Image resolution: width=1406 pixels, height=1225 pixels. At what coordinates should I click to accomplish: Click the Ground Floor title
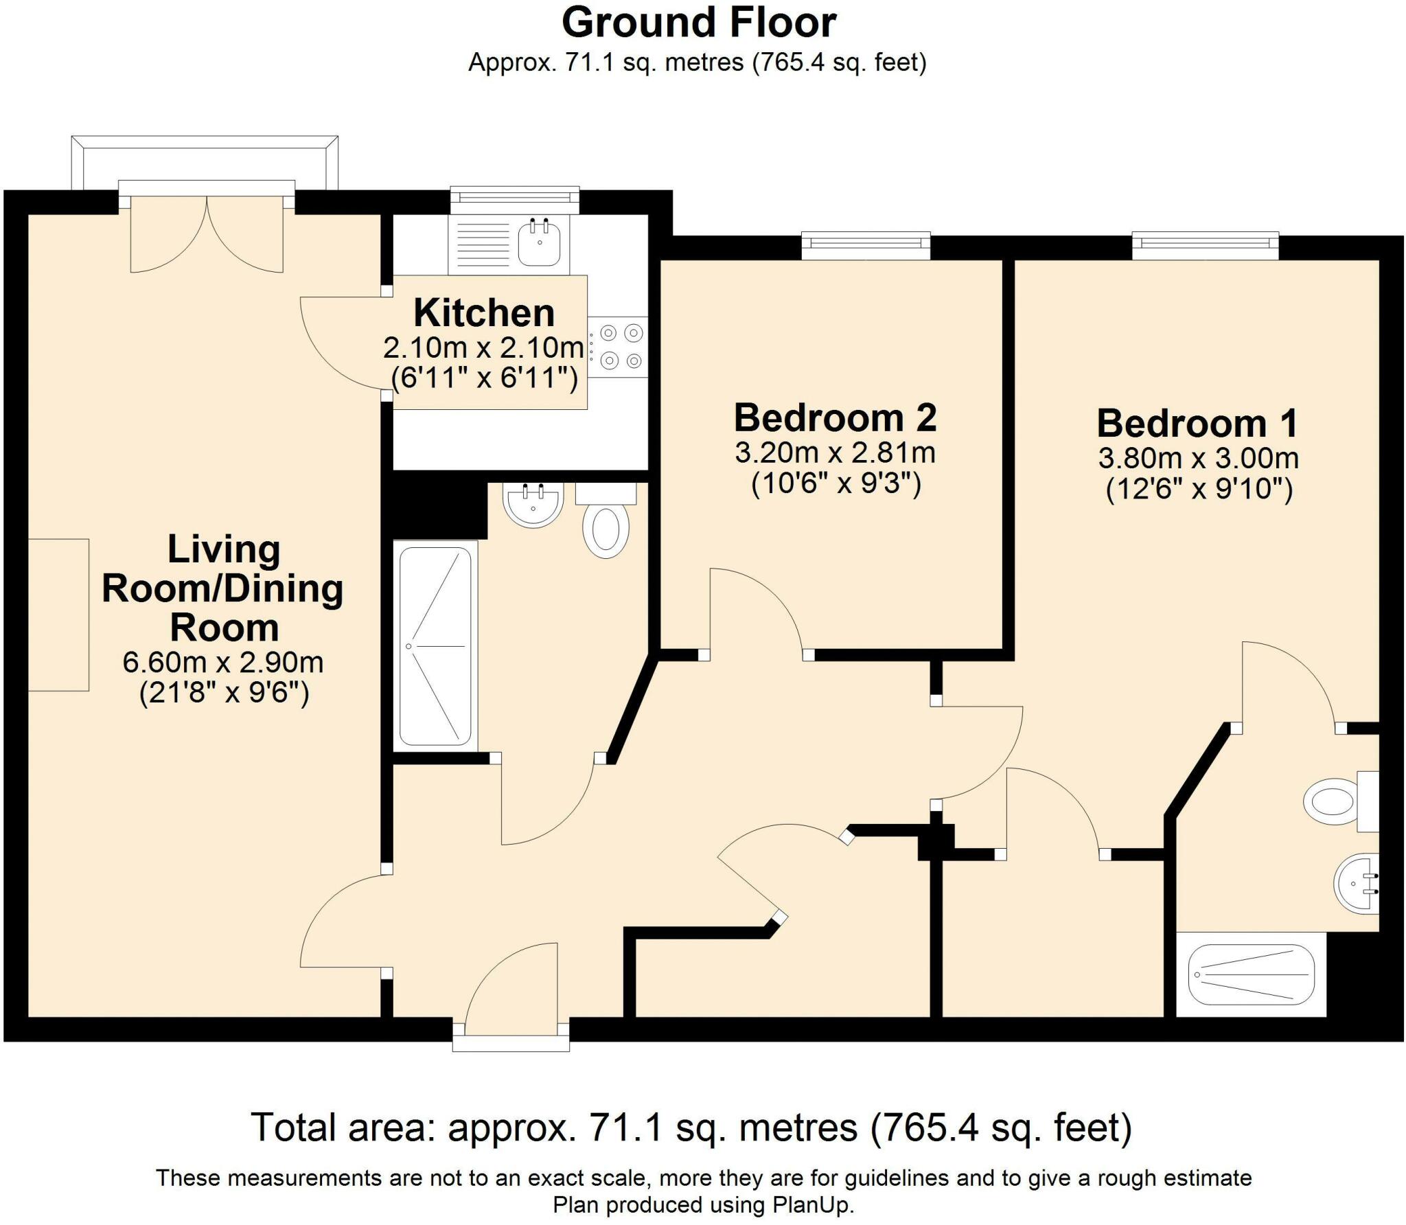698,23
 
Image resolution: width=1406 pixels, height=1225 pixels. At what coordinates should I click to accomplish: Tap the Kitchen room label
484,314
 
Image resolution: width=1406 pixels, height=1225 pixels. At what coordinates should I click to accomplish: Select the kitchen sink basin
539,242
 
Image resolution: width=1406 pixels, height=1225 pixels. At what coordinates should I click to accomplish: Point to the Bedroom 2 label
835,417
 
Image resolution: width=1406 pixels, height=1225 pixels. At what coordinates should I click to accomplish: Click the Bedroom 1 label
1197,423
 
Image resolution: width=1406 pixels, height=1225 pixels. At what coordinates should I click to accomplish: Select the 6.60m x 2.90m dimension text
222,663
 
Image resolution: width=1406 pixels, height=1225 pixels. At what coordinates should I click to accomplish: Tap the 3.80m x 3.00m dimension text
1198,458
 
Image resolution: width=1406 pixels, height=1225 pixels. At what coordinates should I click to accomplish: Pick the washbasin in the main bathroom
533,505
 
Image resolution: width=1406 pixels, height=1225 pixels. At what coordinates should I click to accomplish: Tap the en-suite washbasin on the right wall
1357,884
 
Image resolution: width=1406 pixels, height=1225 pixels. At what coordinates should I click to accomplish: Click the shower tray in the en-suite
1251,974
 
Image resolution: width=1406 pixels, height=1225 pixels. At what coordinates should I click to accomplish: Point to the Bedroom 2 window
866,246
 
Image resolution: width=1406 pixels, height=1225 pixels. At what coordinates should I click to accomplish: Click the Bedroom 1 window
1205,246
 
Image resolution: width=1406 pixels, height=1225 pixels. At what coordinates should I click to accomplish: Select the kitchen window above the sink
514,200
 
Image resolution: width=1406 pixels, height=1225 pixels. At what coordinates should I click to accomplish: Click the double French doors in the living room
207,233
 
